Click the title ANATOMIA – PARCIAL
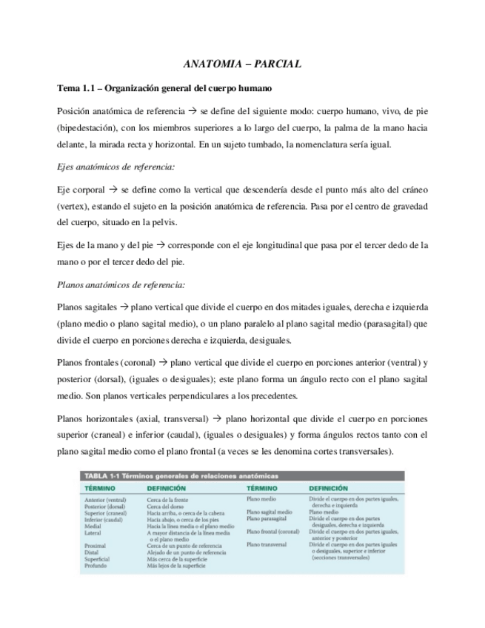tap(242, 64)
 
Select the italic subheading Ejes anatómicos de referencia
tap(116, 167)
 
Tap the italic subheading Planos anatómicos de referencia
tap(121, 284)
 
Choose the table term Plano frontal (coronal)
tap(273, 532)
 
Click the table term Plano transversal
tap(268, 545)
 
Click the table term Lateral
tap(94, 532)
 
